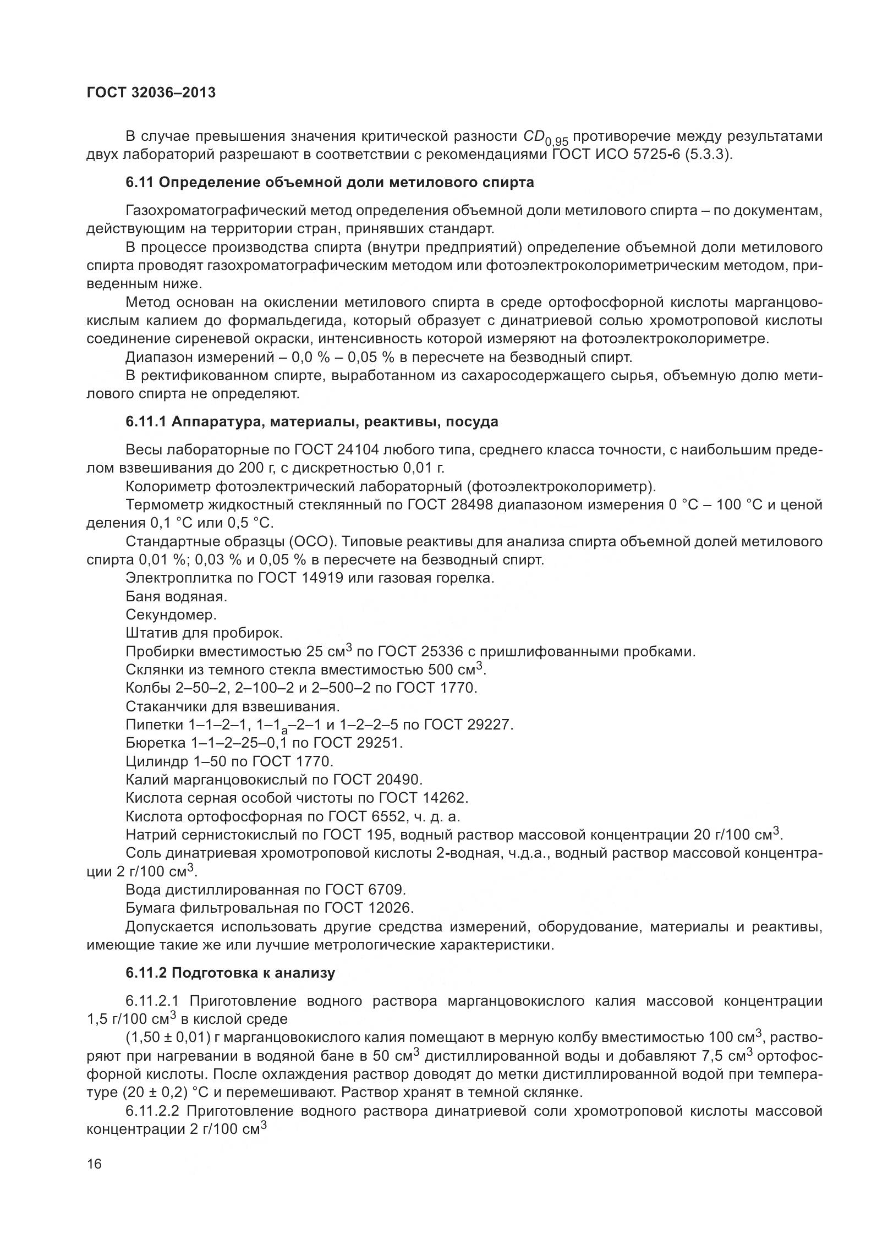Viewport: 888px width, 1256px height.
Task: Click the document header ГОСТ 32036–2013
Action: (151, 93)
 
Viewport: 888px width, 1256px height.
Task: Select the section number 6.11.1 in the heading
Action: (146, 422)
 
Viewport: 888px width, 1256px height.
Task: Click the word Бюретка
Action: (155, 743)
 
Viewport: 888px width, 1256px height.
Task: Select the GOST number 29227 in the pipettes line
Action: (489, 725)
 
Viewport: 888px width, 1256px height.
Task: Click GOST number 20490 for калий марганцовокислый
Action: (399, 780)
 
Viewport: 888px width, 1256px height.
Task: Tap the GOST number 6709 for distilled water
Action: (383, 890)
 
